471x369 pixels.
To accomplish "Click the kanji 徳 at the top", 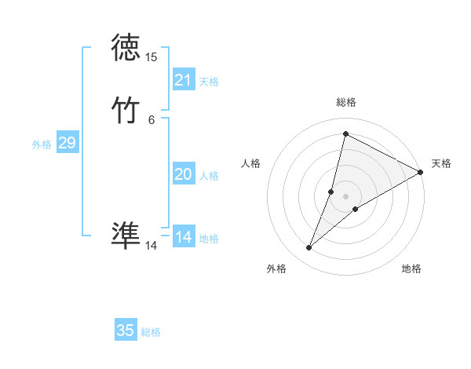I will pos(126,49).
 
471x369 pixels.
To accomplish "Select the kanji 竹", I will pos(126,111).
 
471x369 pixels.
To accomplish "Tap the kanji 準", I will pos(126,236).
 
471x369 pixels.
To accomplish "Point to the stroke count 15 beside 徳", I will pos(151,57).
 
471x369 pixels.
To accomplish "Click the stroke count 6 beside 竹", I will pos(151,119).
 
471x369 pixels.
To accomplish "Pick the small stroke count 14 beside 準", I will pos(151,245).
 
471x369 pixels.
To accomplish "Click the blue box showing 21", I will pos(184,80).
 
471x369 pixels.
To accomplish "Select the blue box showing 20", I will pos(184,174).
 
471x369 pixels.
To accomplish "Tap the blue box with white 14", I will pos(184,237).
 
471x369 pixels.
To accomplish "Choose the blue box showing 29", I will pos(67,143).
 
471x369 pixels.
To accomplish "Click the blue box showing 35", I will pos(126,331).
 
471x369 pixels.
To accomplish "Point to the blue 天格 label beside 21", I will pos(209,82).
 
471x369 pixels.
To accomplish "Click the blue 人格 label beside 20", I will pos(209,176).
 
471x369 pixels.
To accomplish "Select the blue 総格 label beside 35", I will pos(151,332).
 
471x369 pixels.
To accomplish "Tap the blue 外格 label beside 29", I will pos(42,144).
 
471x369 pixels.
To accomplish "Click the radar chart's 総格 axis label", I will pos(346,102).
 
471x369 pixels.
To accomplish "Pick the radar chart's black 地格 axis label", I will pos(411,269).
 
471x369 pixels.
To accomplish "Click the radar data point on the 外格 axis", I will pos(309,248).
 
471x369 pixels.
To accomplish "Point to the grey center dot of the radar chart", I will pos(346,195).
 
